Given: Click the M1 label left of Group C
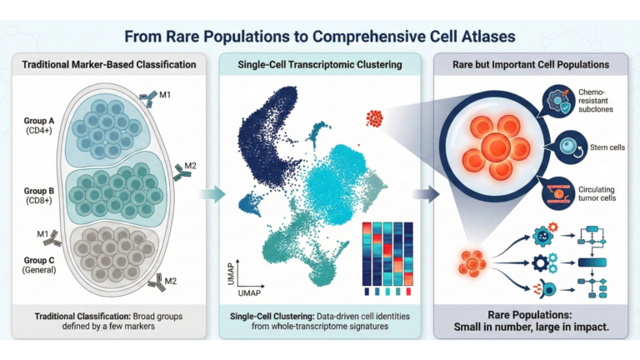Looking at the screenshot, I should (x=42, y=233).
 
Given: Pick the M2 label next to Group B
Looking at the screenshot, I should (x=191, y=166).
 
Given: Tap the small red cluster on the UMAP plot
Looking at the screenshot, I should (x=375, y=119).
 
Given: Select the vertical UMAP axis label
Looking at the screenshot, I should (x=232, y=274).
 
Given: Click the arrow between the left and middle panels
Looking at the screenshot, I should (x=212, y=194).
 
